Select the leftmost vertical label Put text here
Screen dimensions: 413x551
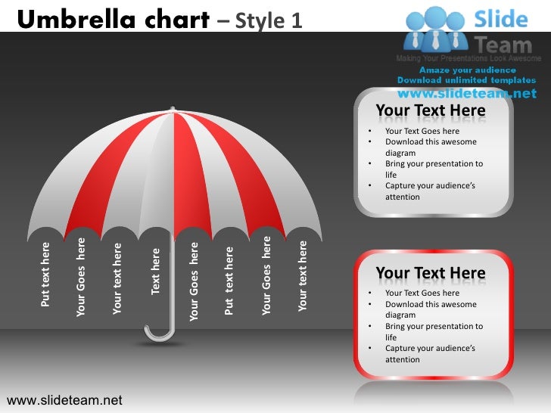click(x=45, y=275)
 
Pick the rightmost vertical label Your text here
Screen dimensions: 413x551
click(x=303, y=276)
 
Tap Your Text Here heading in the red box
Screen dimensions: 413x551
click(x=431, y=273)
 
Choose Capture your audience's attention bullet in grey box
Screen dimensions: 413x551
click(x=430, y=191)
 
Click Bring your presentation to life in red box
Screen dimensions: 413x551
click(x=433, y=331)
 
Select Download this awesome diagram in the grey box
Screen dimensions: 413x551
click(x=430, y=147)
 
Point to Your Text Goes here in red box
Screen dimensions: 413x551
click(x=422, y=293)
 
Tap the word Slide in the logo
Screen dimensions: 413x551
click(x=500, y=19)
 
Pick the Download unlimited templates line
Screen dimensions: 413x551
click(x=466, y=80)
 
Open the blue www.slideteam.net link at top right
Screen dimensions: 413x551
click(x=466, y=94)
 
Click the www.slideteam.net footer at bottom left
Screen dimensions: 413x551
click(x=64, y=399)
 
